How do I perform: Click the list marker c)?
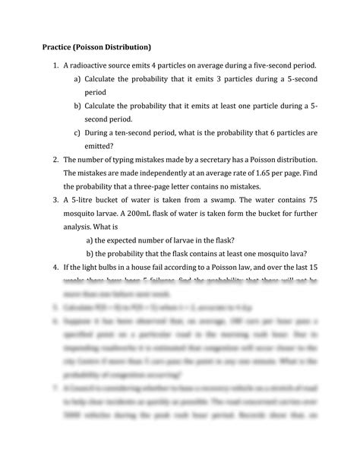[78, 132]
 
